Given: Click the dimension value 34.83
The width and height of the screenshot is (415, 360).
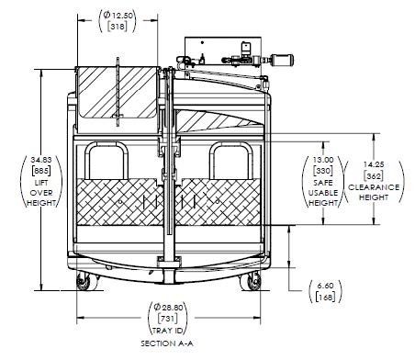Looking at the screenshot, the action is click(41, 160).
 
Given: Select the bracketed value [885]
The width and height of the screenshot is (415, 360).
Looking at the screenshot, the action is click(41, 171).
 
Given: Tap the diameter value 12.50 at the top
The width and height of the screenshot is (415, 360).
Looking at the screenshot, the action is click(118, 15).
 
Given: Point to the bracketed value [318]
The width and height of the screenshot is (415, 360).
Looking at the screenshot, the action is click(118, 27).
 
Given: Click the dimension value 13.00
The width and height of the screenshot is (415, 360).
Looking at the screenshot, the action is click(323, 160).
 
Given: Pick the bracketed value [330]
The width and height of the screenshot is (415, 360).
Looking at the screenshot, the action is click(323, 171).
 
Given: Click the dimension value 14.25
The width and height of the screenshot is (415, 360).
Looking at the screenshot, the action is click(374, 164).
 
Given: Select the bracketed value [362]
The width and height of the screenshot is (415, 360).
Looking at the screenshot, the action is click(374, 176).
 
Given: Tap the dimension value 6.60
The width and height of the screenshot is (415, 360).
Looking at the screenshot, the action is click(325, 286).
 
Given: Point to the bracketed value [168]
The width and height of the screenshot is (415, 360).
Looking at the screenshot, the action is click(325, 297).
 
